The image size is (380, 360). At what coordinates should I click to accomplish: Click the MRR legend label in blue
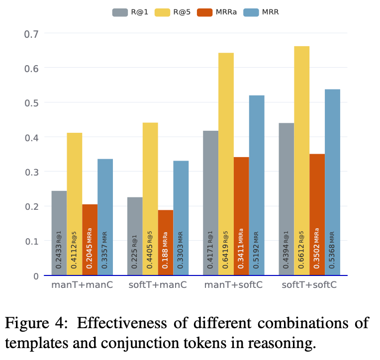(271, 12)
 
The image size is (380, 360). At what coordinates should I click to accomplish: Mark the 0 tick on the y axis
(35, 275)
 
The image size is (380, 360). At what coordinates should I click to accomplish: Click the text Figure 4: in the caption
(33, 323)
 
